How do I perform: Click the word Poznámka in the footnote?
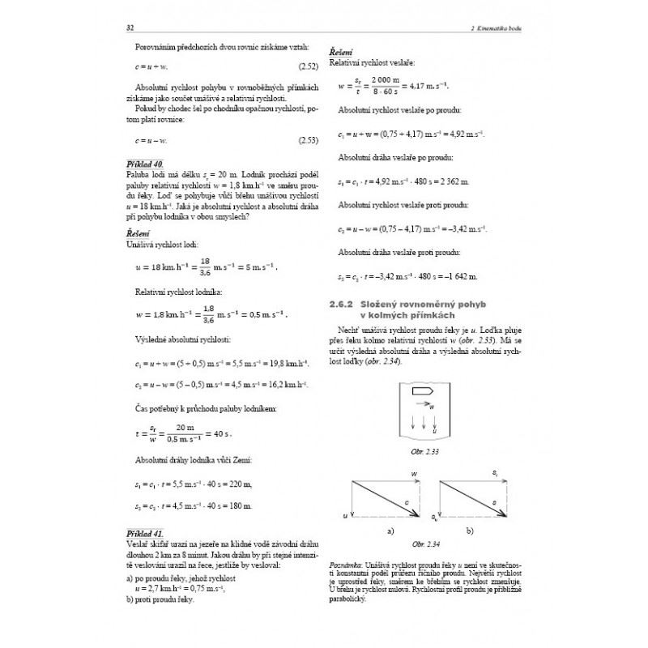tap(346, 562)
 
